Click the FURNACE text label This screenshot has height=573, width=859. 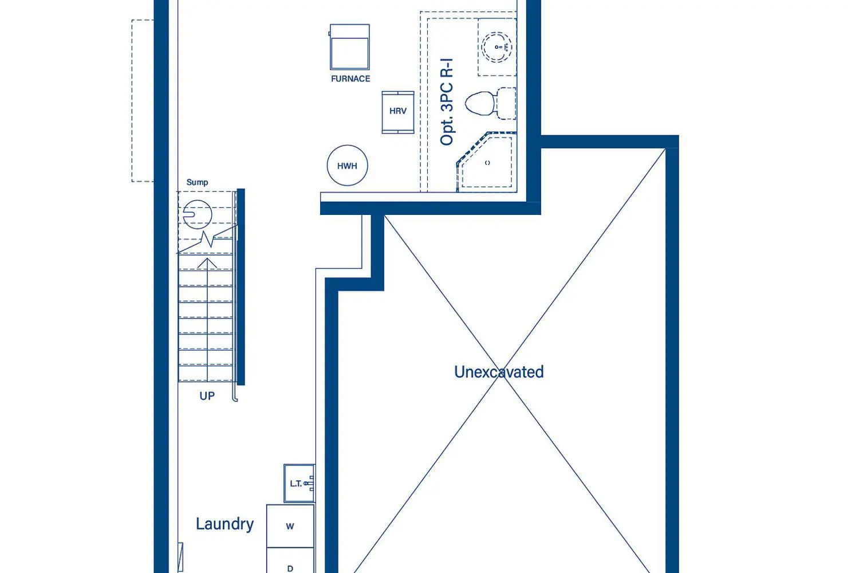[350, 79]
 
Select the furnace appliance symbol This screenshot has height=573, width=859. [350, 47]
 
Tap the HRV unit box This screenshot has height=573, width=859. [398, 112]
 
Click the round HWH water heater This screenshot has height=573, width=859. [348, 166]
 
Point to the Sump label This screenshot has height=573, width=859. [197, 182]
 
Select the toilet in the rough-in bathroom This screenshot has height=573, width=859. [490, 103]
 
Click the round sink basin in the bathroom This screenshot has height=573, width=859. [497, 47]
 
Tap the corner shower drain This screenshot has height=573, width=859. [487, 163]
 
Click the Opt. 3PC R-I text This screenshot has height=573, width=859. [447, 101]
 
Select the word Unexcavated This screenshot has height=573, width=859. [499, 372]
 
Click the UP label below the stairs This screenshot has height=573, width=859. [207, 396]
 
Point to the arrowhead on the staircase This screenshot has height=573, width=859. [207, 262]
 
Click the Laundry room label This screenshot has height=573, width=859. [224, 524]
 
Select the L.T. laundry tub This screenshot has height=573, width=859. [300, 483]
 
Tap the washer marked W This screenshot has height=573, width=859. [290, 526]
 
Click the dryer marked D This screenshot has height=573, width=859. [290, 560]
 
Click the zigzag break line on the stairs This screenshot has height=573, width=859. [207, 239]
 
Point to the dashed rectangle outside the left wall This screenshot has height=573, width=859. [143, 100]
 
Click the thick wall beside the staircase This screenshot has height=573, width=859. [241, 286]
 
